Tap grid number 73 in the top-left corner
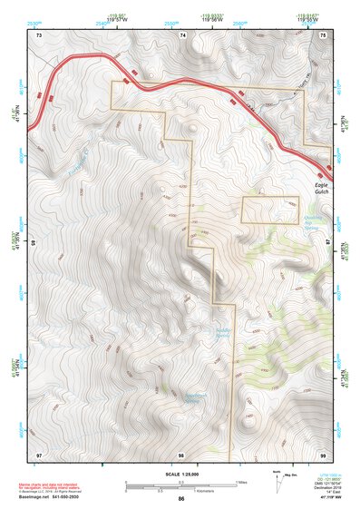[x=39, y=34]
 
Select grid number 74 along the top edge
[x=182, y=34]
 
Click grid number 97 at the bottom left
[x=39, y=453]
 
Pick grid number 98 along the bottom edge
[x=181, y=453]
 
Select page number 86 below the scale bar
[x=181, y=499]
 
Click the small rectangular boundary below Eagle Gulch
[x=270, y=209]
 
